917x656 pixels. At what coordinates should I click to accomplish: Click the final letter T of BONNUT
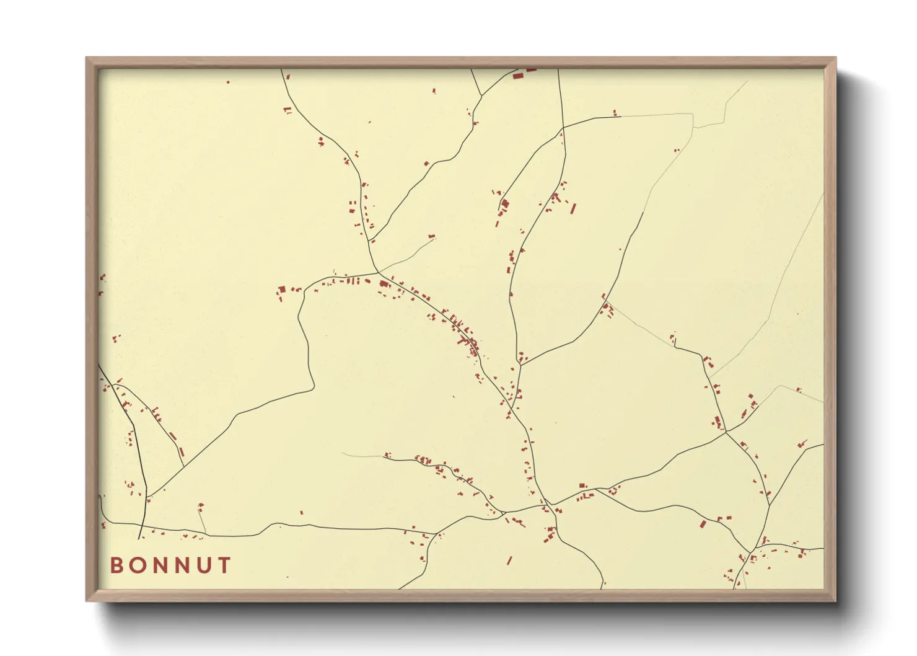click(225, 565)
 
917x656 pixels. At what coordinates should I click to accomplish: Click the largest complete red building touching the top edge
click(518, 76)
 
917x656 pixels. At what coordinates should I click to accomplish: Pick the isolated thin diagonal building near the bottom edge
click(509, 561)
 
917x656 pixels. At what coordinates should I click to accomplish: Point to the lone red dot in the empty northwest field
click(228, 82)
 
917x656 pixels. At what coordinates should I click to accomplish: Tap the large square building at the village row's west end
click(282, 289)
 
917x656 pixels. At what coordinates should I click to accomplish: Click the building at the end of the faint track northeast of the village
click(431, 237)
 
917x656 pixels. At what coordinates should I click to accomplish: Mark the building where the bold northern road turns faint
click(615, 113)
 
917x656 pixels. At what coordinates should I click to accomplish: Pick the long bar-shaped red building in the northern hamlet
click(573, 208)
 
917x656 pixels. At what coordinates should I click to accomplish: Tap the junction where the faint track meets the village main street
click(378, 272)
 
